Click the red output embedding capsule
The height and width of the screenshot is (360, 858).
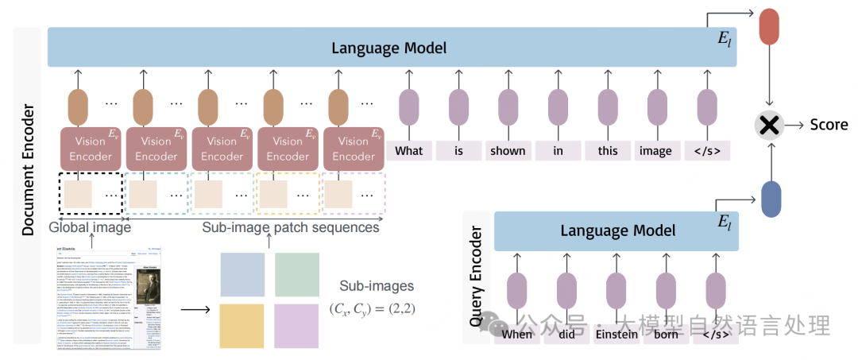(770, 26)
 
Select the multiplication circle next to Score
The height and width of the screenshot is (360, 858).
(768, 124)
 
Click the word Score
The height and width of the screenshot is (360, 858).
(829, 125)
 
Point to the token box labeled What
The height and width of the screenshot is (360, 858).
(409, 150)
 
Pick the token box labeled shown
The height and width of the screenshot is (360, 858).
(508, 150)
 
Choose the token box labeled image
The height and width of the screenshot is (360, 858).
(655, 150)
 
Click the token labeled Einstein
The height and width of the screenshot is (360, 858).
(616, 334)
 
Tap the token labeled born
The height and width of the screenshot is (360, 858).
(666, 334)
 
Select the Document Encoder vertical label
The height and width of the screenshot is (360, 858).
(27, 170)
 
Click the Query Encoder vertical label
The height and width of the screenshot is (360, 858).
(476, 277)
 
